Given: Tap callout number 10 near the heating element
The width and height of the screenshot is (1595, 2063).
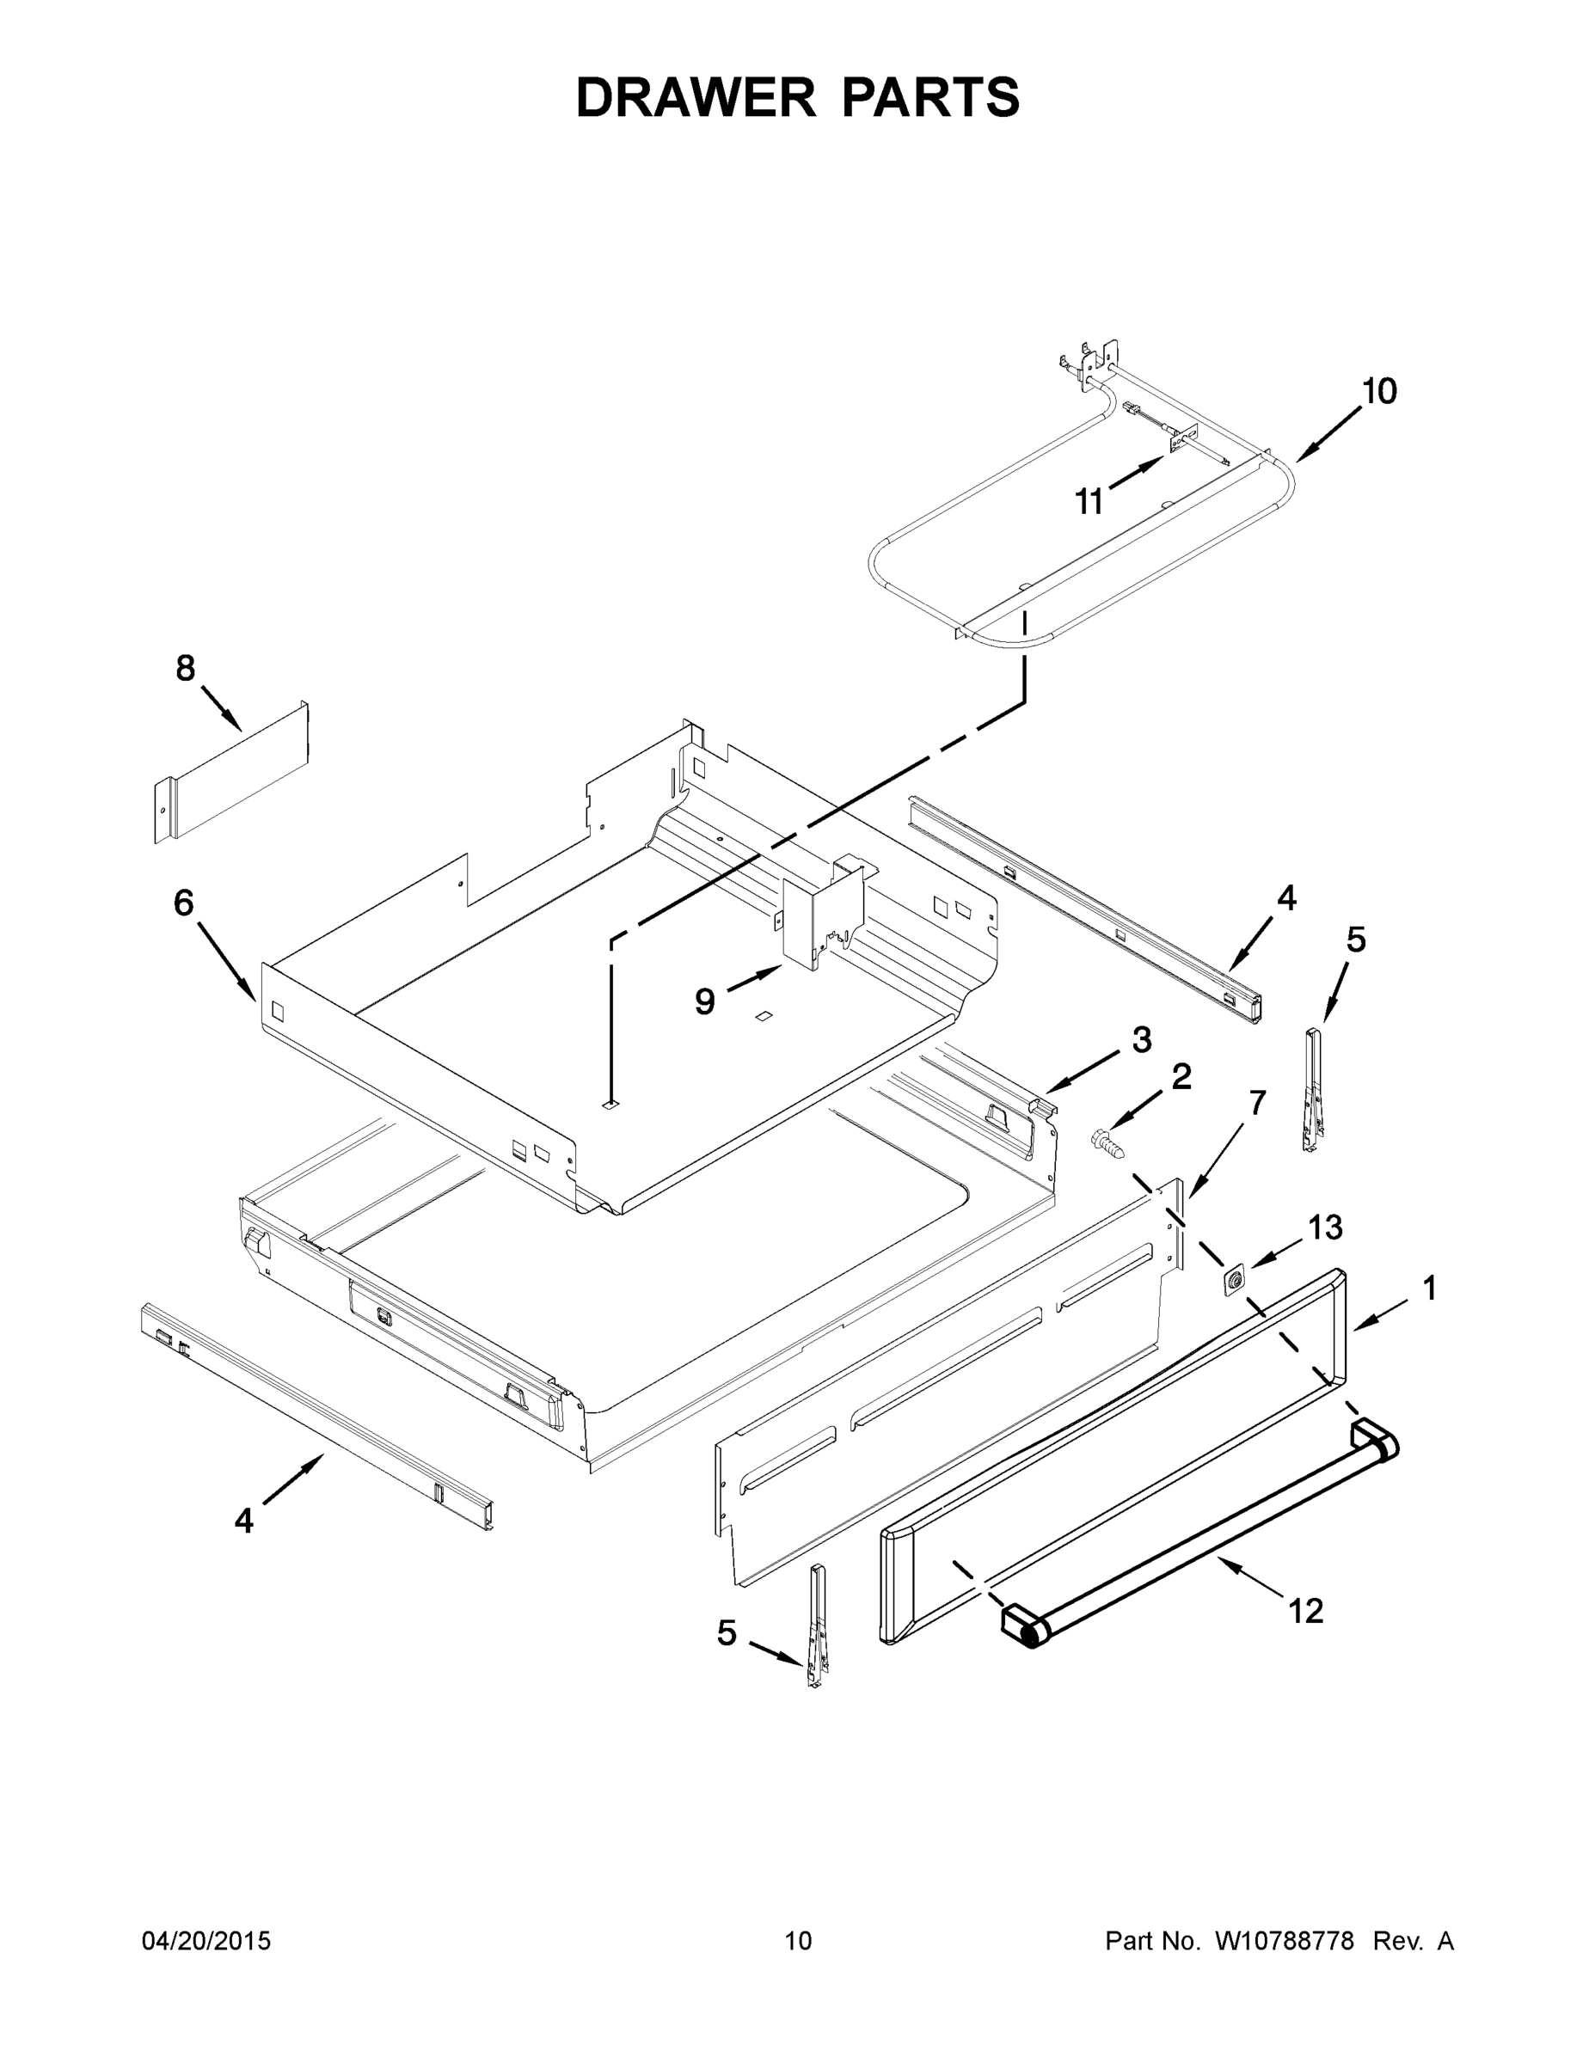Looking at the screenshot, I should (x=1378, y=391).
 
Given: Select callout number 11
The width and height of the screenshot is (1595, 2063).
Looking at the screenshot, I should (x=1089, y=503).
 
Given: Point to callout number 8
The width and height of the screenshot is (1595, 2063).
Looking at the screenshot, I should (x=185, y=669).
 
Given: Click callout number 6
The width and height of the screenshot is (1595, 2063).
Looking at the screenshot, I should (x=183, y=903).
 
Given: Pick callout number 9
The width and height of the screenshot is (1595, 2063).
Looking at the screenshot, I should (x=705, y=1001).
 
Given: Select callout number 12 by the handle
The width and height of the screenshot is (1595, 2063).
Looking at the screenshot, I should (x=1306, y=1611).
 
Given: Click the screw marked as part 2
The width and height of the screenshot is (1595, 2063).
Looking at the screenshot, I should (x=1109, y=1145).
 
